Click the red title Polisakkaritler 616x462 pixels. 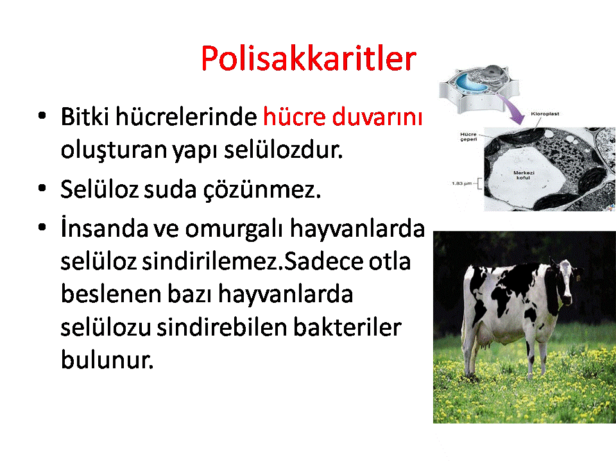tap(309, 58)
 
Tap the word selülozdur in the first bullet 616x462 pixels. tap(283, 150)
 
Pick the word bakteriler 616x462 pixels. tap(347, 327)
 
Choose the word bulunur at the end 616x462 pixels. tap(107, 359)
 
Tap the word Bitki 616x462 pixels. tap(85, 117)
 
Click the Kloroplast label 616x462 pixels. tap(545, 114)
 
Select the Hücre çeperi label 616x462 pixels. tap(468, 137)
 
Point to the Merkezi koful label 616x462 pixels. tap(524, 175)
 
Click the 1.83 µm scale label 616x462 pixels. tap(461, 184)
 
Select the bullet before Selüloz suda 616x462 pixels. tap(42, 188)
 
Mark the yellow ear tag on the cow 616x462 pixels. tap(579, 277)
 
